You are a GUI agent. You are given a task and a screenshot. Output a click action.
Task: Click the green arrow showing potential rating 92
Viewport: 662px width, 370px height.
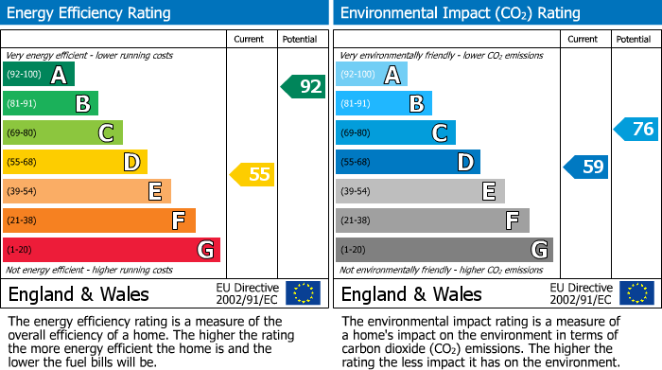(304, 87)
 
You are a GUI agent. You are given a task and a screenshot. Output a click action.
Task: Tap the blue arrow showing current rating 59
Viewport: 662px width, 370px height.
(586, 167)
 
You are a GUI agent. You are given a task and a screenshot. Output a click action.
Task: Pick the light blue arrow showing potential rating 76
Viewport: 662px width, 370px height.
(636, 130)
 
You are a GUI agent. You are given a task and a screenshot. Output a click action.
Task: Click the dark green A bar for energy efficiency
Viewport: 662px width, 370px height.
(38, 75)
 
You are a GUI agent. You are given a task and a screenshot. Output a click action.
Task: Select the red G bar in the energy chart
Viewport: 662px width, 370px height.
(112, 250)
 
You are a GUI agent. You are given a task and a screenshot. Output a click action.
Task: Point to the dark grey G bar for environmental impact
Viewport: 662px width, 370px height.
(444, 250)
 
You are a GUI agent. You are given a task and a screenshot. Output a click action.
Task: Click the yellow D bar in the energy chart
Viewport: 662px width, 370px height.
(75, 163)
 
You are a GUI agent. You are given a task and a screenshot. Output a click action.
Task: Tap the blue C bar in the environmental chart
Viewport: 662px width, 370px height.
(395, 133)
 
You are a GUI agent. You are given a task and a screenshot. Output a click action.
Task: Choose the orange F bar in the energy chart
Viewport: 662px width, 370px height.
(99, 220)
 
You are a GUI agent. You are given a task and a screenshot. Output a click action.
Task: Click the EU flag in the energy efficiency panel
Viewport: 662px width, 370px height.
(303, 293)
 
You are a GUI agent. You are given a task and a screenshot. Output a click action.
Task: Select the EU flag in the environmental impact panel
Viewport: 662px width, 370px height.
(636, 293)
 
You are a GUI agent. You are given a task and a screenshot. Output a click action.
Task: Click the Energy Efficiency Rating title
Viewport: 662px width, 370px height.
(90, 13)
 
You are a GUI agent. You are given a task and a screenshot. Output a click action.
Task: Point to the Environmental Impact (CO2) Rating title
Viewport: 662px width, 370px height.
(460, 13)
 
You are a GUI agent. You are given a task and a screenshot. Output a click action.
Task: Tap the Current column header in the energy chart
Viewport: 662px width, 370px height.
(250, 39)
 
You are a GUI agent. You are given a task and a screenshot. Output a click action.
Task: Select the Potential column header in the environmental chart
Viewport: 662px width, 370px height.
(633, 39)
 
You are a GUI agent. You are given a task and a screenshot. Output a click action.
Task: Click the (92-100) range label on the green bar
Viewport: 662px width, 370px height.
(23, 75)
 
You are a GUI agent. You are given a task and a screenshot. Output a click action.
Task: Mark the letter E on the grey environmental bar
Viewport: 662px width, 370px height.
(489, 192)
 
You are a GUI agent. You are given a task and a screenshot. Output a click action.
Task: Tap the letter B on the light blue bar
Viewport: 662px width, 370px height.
(416, 104)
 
